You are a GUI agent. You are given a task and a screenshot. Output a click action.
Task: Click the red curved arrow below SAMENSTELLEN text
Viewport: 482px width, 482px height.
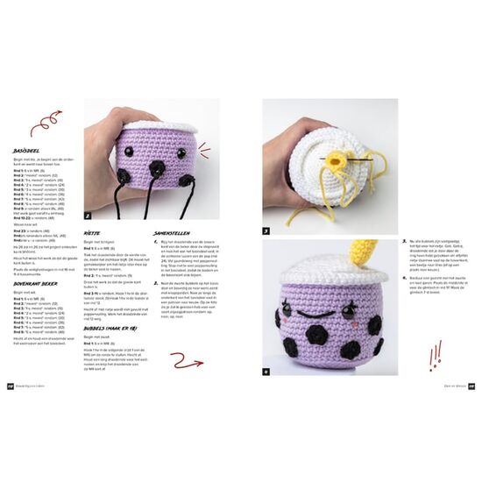coord(186,360)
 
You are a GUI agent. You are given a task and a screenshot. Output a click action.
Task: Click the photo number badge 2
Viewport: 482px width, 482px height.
coord(89,214)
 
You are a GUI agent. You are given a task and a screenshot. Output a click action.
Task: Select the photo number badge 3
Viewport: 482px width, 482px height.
coord(266,231)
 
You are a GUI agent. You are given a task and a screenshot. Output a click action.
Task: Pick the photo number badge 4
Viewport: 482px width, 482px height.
coord(266,372)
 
